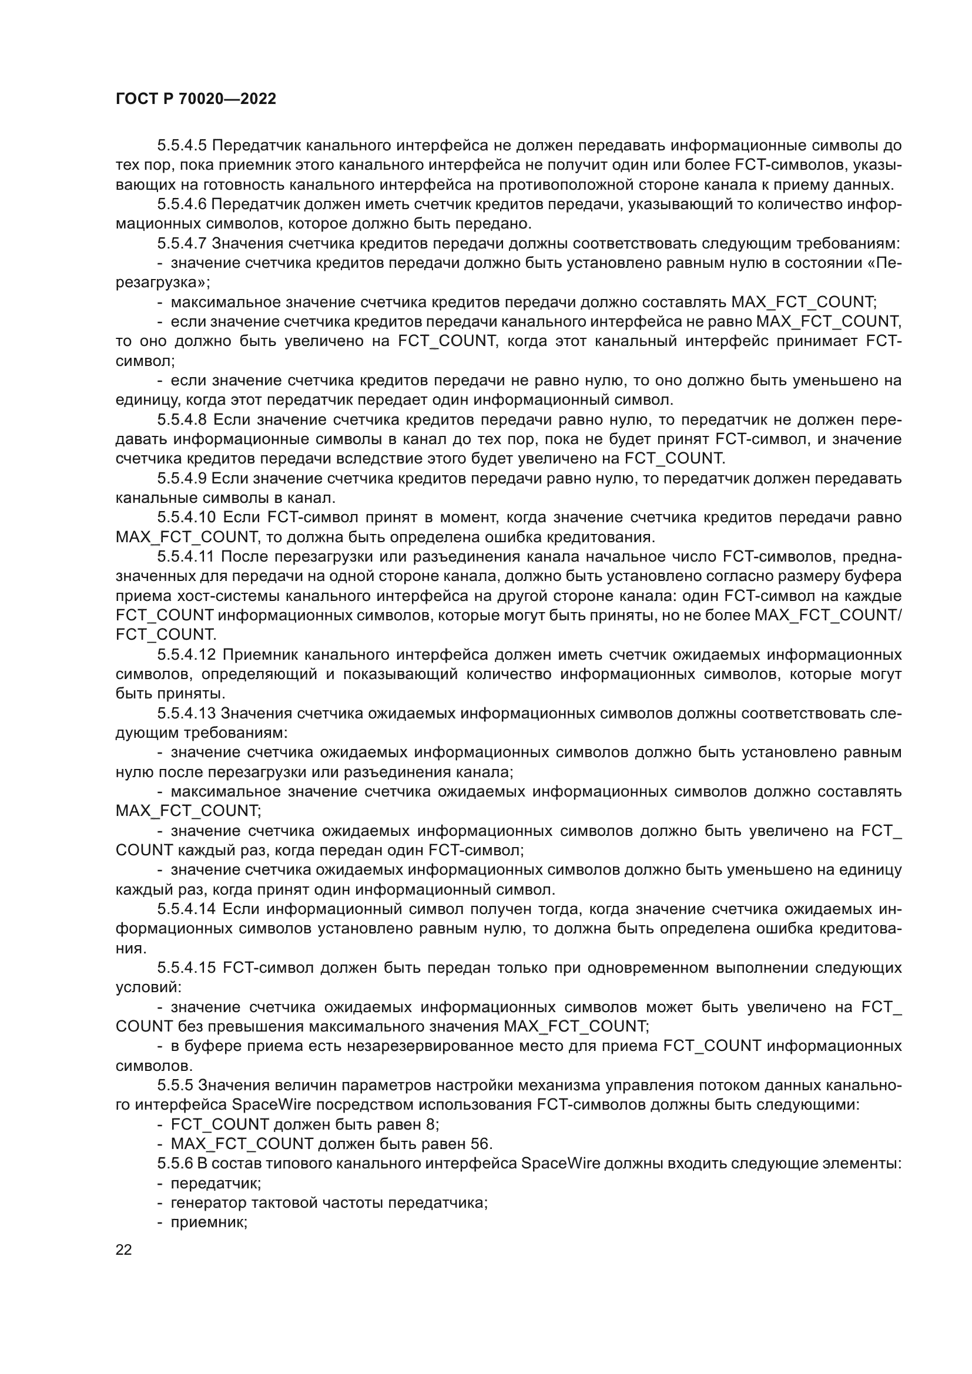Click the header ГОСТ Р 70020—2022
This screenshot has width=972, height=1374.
coord(196,99)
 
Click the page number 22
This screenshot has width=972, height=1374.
coord(124,1249)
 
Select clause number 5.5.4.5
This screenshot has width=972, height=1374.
coord(182,146)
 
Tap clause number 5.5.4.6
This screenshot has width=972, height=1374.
coord(182,204)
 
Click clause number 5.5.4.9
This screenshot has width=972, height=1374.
coord(182,478)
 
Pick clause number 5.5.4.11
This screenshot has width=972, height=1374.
coord(186,556)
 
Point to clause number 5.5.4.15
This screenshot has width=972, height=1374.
coord(186,967)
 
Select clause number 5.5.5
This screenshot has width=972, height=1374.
coord(175,1085)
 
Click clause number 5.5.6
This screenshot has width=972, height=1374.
coord(175,1163)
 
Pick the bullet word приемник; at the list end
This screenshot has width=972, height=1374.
coord(209,1222)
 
